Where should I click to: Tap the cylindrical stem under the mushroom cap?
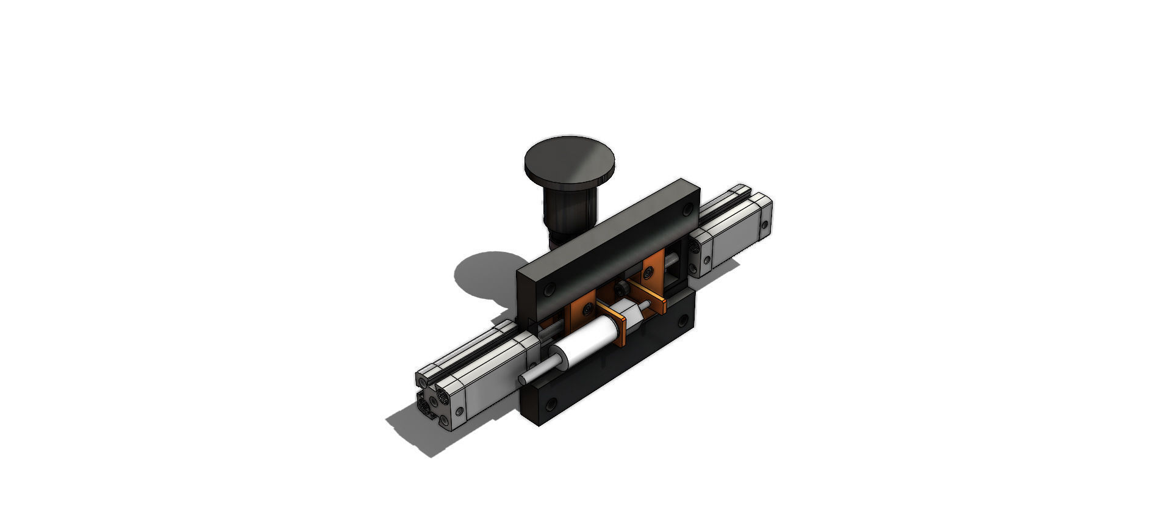(x=566, y=211)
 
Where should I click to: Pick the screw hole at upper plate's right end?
(x=687, y=209)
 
